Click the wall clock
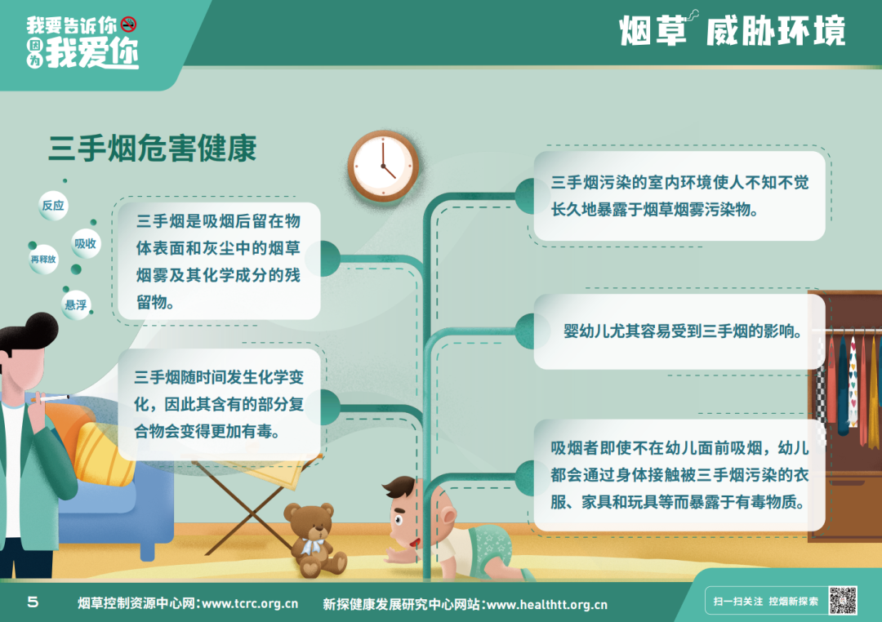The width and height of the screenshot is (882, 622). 383,167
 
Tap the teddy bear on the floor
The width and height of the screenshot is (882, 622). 314,540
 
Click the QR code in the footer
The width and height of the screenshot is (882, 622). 842,601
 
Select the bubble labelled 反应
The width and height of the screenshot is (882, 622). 53,205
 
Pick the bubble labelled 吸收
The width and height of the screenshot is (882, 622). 86,243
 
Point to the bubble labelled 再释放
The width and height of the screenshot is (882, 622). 43,260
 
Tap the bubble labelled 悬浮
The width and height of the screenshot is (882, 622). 76,304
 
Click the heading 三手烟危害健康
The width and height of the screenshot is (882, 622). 153,148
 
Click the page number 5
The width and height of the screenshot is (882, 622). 33,602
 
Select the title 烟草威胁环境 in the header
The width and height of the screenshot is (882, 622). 732,29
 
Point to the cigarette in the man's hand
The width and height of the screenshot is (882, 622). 51,398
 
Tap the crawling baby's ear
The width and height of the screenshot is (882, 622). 449,516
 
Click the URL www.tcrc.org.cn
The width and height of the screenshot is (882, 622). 250,604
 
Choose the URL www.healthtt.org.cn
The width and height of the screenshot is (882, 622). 546,605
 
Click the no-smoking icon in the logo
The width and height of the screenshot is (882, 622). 129,24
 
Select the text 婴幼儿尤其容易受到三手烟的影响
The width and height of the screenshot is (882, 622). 682,331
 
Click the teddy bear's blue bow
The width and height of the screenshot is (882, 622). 312,545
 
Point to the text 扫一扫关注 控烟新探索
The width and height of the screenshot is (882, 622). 765,602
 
